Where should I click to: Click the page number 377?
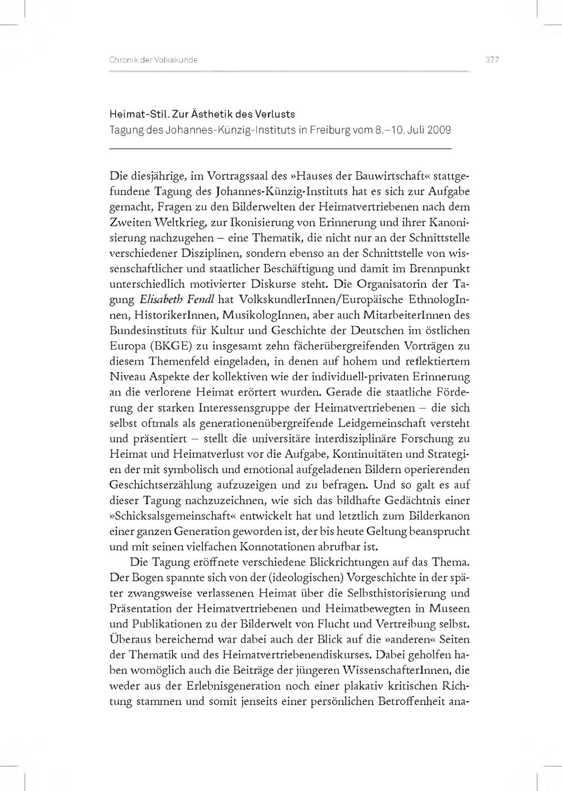(x=492, y=60)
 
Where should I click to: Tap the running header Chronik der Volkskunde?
(x=153, y=60)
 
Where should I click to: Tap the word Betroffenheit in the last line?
(x=413, y=701)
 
